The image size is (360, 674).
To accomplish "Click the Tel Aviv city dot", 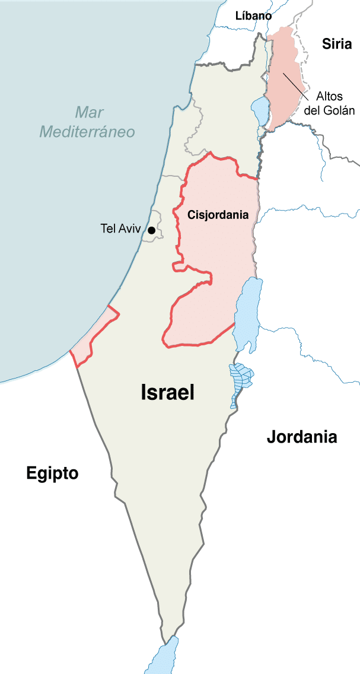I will (152, 230).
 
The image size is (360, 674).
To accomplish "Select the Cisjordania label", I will (218, 215).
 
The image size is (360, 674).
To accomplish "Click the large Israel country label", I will (168, 392).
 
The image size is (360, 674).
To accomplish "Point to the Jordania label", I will (302, 437).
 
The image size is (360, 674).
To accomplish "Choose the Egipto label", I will (52, 473).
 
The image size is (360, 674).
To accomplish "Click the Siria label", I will (337, 44).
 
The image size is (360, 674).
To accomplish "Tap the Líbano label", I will (253, 16).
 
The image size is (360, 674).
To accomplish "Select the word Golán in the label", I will (340, 110).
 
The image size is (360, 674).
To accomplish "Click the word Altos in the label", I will (329, 96).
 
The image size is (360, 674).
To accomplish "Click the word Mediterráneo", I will (87, 132).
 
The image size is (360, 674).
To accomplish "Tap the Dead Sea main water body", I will (248, 311).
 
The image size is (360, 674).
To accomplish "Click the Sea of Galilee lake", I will (260, 110).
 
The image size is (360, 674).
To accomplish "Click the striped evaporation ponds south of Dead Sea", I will (240, 380).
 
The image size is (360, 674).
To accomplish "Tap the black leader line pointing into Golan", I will (295, 85).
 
